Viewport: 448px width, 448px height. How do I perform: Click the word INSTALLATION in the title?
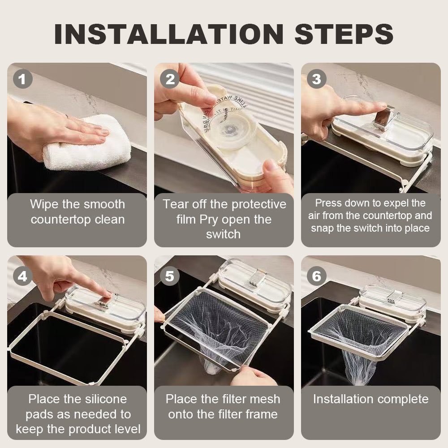169,34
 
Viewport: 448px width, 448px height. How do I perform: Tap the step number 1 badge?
22,79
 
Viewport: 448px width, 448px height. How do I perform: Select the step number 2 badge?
169,79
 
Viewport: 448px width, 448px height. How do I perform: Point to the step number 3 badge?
316,79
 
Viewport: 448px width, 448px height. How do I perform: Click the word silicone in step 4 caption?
103,399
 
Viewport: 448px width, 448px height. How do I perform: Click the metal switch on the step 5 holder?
254,277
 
